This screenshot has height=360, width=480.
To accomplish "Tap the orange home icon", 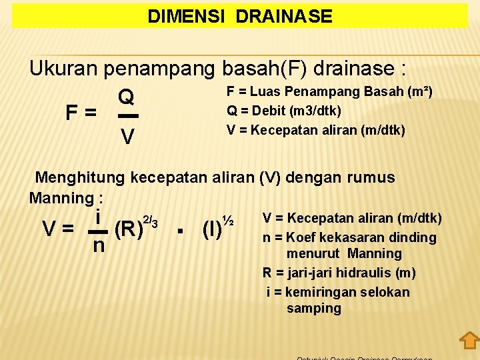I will tap(469, 340).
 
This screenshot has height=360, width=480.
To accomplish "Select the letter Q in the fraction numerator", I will tap(127, 98).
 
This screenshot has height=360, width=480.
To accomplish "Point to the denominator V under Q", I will tap(127, 137).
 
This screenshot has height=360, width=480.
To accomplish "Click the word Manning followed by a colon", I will tap(61, 198).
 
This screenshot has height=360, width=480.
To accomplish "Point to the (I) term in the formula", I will tap(211, 229).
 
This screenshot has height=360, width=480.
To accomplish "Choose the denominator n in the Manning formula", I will tap(98, 246).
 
